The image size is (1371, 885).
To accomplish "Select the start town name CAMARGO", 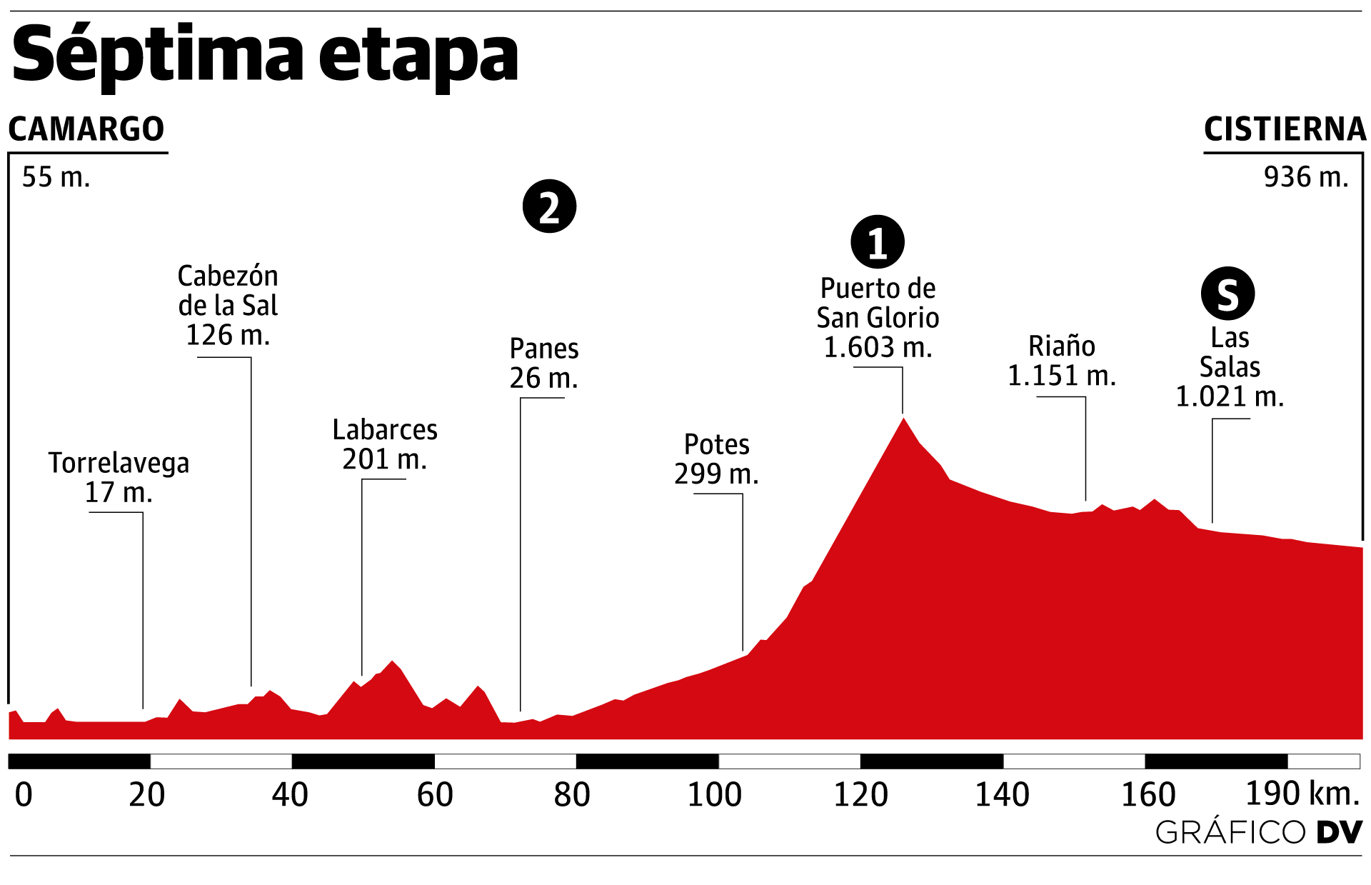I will point(86,129).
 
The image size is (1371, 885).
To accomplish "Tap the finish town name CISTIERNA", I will point(1285,129).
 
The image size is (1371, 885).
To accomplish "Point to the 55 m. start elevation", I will point(56,177).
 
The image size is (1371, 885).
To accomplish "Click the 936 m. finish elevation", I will point(1306,177).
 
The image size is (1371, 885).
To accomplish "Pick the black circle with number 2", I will point(549,206).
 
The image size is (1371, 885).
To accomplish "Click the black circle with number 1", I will point(878,242).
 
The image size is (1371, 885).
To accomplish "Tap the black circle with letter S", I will point(1227,294).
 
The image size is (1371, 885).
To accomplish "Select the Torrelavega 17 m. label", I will point(119,477).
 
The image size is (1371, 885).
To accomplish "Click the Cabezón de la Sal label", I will point(228,305).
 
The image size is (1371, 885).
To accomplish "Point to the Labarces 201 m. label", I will point(385,444).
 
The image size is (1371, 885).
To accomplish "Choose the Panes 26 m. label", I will point(544,363).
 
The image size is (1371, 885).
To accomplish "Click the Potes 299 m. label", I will point(717,459).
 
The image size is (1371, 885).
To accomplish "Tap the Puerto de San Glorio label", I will point(878,318).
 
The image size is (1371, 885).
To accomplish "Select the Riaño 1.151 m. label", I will point(1062,361).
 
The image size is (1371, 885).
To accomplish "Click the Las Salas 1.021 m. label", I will point(1230,367).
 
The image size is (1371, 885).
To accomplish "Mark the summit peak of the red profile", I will point(904,419).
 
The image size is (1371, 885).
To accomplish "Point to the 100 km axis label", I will point(715,794).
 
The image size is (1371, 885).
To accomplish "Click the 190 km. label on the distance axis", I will point(1302,793).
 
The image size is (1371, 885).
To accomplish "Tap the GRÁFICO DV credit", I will point(1259,832).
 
